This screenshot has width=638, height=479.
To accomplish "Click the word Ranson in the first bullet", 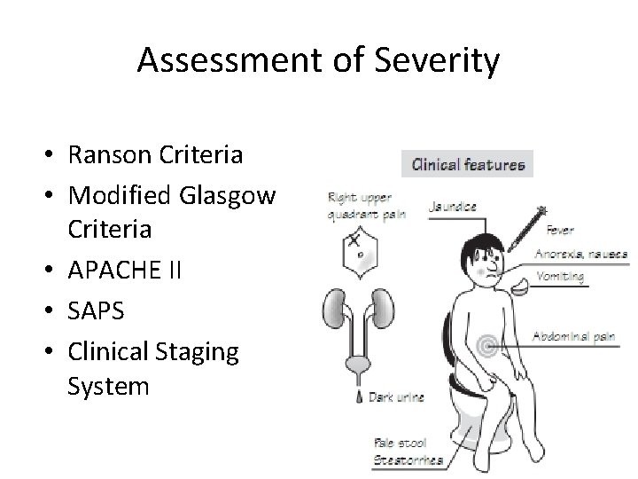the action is pyautogui.click(x=106, y=155).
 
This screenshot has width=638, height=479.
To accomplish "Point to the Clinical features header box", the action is pyautogui.click(x=467, y=164).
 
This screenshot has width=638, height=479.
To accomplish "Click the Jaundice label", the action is pyautogui.click(x=453, y=206).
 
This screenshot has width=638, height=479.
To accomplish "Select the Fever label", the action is pyautogui.click(x=560, y=230).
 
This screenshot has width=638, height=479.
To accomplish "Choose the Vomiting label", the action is pyautogui.click(x=560, y=276).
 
